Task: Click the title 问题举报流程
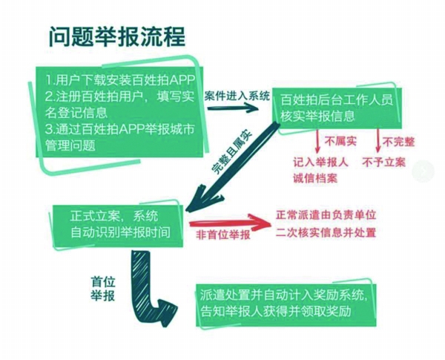(117, 36)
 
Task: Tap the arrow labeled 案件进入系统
(233, 108)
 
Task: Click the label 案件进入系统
(237, 96)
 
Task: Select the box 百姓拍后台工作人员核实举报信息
(337, 108)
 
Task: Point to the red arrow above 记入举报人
(317, 141)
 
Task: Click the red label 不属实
(340, 141)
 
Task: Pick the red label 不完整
(398, 142)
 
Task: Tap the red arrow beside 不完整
(378, 141)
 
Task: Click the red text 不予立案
(384, 163)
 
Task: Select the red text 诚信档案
(315, 178)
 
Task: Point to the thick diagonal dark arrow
(233, 168)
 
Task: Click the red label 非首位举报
(223, 235)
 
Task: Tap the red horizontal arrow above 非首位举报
(230, 222)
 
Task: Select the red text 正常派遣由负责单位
(326, 215)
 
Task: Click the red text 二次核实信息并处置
(326, 232)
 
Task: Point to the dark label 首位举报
(103, 289)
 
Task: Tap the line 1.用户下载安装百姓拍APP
(120, 81)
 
